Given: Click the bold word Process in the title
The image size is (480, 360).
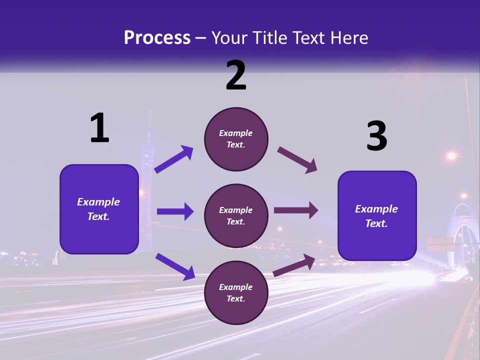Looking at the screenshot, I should click(157, 37).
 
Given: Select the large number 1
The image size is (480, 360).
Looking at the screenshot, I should click(99, 128).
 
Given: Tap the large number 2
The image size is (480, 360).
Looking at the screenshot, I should click(236, 75).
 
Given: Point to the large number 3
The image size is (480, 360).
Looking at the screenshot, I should click(376, 136).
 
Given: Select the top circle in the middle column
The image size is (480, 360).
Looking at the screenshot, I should click(236, 139).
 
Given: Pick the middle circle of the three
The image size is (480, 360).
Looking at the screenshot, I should click(236, 215).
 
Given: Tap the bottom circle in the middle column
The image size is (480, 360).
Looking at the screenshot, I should click(236, 292).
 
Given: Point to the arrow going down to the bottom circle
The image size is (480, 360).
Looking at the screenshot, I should click(175, 266).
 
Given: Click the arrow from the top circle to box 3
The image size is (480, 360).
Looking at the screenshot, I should click(297, 160).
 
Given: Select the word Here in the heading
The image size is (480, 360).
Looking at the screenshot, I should click(350, 37).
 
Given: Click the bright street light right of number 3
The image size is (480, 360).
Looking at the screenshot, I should click(451, 156).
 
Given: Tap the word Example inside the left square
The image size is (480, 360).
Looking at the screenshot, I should click(98, 202).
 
